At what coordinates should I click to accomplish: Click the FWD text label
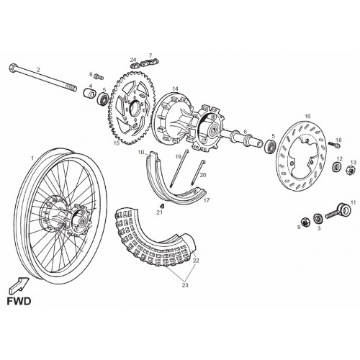19,301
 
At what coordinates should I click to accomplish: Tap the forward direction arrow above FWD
19,285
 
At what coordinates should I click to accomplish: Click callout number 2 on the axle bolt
38,70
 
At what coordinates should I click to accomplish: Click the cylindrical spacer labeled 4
89,93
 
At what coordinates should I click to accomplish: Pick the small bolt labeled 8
99,76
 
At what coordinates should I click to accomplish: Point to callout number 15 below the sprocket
117,143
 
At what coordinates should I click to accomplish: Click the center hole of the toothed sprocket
135,109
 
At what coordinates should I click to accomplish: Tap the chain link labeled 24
135,65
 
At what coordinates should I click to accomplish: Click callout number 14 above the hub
176,89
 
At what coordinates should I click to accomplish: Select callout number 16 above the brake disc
307,117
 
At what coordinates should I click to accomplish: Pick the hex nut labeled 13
350,170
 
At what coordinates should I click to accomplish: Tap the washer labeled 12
338,167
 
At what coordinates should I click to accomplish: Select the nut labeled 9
305,222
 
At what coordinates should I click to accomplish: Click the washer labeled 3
318,218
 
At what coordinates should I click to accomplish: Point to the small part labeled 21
162,206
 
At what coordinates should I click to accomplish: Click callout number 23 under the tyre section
185,285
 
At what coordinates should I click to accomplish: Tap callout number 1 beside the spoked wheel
32,158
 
